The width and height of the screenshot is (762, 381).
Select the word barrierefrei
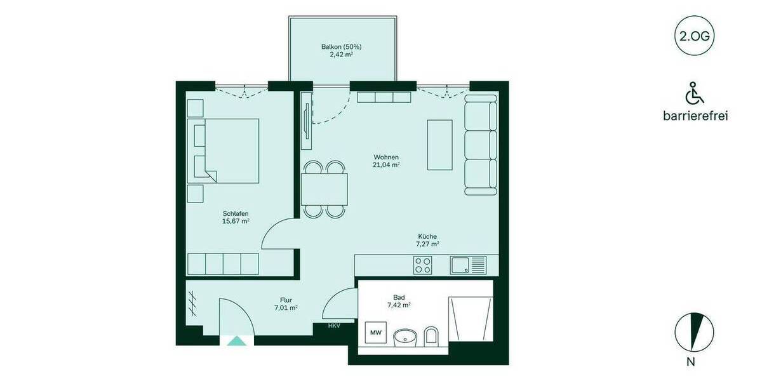[x=695, y=116]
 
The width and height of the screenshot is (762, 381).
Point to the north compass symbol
[x=694, y=333]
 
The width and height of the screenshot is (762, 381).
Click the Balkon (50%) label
[x=341, y=47]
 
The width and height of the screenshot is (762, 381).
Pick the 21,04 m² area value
[x=386, y=165]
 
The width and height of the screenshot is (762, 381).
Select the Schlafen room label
[x=235, y=213]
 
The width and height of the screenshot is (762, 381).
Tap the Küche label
[x=427, y=236]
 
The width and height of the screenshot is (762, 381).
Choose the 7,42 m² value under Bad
[x=399, y=305]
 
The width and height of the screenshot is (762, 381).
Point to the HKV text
[x=334, y=326]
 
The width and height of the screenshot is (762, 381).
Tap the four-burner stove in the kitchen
[x=423, y=265]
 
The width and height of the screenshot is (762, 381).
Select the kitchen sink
[x=468, y=265]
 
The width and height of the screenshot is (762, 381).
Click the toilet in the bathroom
[x=431, y=336]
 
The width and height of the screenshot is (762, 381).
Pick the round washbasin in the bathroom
[x=404, y=337]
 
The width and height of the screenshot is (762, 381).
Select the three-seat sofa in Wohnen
[x=481, y=144]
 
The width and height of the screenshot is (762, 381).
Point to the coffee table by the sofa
[x=439, y=145]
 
